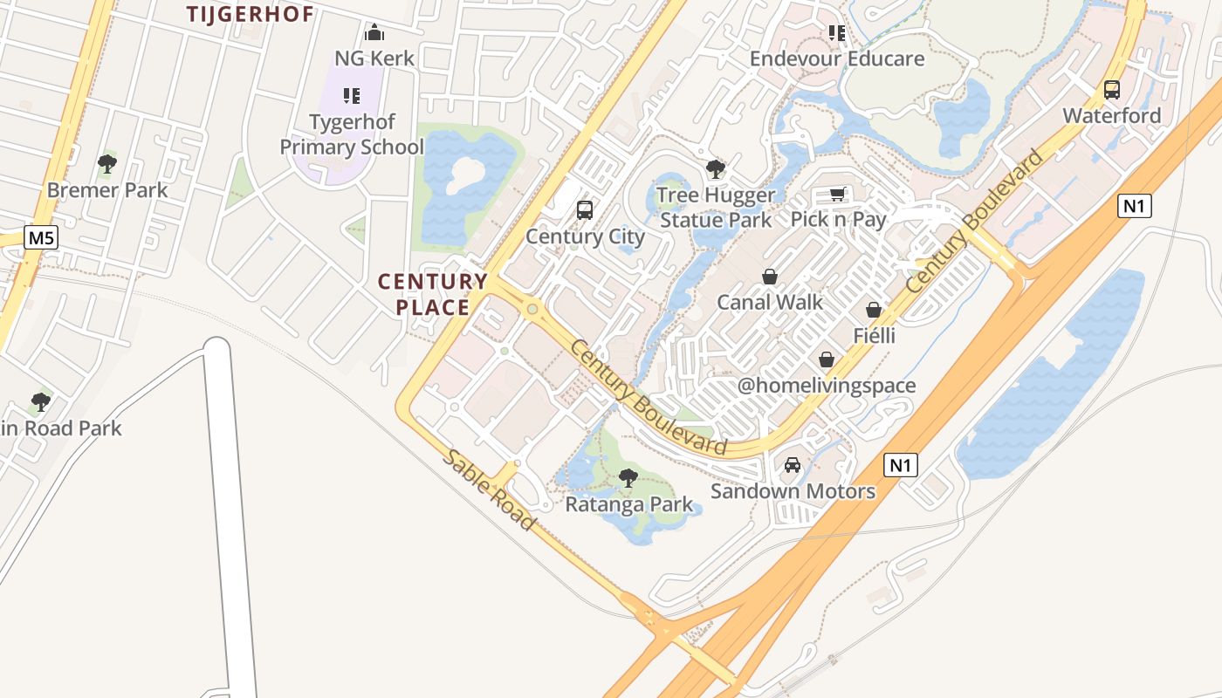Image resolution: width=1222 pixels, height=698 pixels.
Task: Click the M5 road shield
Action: [40, 237]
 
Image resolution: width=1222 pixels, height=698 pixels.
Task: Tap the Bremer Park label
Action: [107, 189]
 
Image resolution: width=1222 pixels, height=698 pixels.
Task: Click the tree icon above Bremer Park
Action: [107, 163]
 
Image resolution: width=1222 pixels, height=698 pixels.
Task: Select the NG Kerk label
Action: [374, 58]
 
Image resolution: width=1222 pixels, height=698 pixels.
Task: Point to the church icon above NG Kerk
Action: [374, 33]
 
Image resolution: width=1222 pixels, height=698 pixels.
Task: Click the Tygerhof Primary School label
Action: [352, 134]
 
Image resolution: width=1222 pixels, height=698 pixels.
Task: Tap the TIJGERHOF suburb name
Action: [251, 14]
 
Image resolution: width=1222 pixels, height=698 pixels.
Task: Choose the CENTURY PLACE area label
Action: [433, 294]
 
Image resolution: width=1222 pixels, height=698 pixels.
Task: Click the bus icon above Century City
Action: [585, 210]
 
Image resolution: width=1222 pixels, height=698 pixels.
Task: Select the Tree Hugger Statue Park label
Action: [716, 208]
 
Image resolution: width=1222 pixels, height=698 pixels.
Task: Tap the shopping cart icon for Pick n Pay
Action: [838, 194]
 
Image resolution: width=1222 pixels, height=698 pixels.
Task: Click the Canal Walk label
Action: [770, 302]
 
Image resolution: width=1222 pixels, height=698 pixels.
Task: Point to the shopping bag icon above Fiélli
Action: [874, 310]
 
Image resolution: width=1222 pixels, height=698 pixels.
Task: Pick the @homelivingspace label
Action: [827, 386]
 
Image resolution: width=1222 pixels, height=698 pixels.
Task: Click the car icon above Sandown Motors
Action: [793, 465]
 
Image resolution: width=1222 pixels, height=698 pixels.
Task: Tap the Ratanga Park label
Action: [629, 504]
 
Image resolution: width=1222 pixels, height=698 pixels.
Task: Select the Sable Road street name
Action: [488, 490]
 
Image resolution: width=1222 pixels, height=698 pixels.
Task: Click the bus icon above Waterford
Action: [1112, 89]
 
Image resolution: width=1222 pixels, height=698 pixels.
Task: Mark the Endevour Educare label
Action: [837, 58]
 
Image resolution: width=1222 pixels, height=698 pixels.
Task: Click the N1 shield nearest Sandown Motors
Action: [901, 465]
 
